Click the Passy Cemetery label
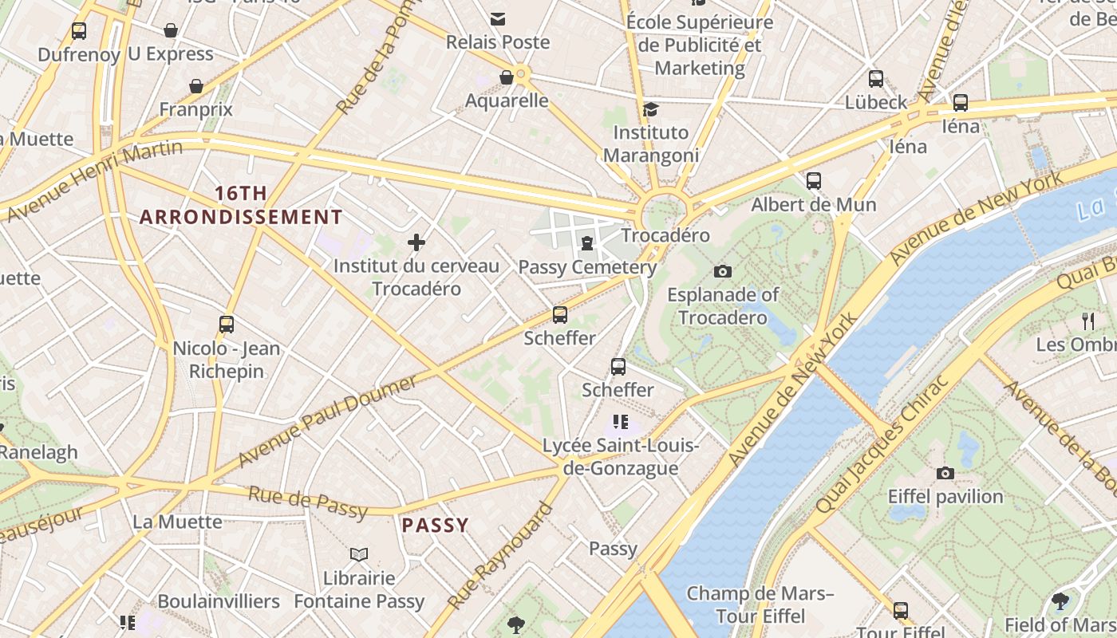587,267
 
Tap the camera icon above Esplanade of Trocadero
723,271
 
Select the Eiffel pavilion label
945,496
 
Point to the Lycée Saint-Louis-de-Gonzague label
621,457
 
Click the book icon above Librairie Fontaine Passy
359,554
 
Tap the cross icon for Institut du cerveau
416,242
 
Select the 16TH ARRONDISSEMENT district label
241,205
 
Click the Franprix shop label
196,109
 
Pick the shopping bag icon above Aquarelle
506,77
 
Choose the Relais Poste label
498,42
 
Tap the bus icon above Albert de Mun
814,181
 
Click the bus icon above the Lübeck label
876,79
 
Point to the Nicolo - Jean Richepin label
227,360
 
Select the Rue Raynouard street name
500,556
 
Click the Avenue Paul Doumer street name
327,421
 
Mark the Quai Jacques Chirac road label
883,443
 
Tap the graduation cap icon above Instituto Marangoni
651,109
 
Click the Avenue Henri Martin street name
94,181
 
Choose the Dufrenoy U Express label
126,54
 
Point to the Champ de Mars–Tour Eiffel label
760,605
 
